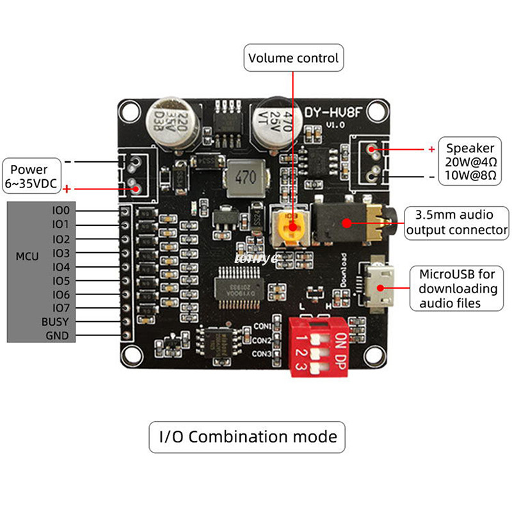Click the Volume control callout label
294,58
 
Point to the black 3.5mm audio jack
349,223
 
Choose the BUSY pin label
54,322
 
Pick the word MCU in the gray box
27,257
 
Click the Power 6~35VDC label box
29,177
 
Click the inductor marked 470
242,176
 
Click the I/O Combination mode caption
247,437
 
